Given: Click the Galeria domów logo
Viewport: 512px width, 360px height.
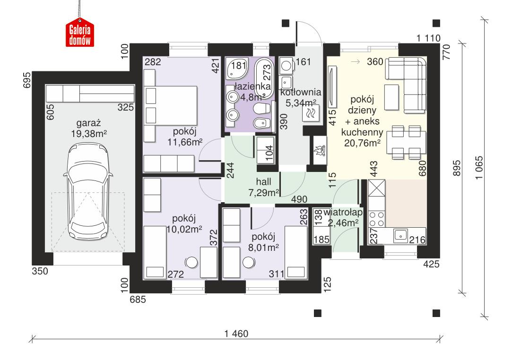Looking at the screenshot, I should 80,33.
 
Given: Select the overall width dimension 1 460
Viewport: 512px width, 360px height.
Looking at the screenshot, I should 236,334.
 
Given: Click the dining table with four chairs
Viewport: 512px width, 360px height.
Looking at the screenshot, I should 405,141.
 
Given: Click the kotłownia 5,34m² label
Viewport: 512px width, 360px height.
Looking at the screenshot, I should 301,97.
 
